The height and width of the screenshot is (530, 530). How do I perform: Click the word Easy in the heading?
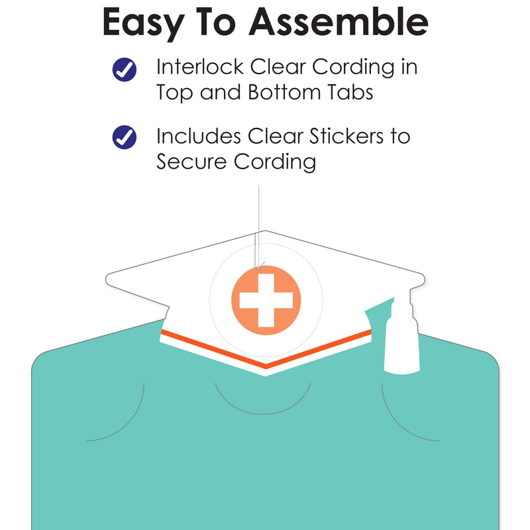143,24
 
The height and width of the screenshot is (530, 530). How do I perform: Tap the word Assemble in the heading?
339,21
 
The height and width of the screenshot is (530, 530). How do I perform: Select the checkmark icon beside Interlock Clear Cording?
125,70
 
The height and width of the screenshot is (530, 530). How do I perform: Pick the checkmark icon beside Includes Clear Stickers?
125,137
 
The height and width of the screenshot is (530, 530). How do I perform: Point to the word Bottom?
285,92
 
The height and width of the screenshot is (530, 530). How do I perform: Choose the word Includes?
199,136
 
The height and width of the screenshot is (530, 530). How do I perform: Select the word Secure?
191,162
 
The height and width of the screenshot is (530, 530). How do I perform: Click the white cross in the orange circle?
266,300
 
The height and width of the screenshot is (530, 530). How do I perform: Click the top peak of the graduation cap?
265,231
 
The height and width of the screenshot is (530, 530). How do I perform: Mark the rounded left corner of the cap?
108,279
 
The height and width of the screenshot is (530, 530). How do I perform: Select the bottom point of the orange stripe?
266,367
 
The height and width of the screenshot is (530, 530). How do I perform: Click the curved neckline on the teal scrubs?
263,413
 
